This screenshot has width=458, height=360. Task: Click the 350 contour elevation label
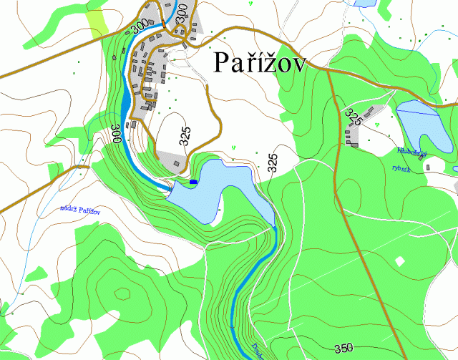[x=343, y=348]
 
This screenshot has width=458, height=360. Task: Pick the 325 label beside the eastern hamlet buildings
[x=353, y=117]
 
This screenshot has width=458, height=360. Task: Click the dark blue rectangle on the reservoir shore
[x=193, y=183]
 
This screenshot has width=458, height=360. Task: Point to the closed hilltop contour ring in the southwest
[x=122, y=293]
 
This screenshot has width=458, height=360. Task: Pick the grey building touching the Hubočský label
[x=428, y=167]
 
